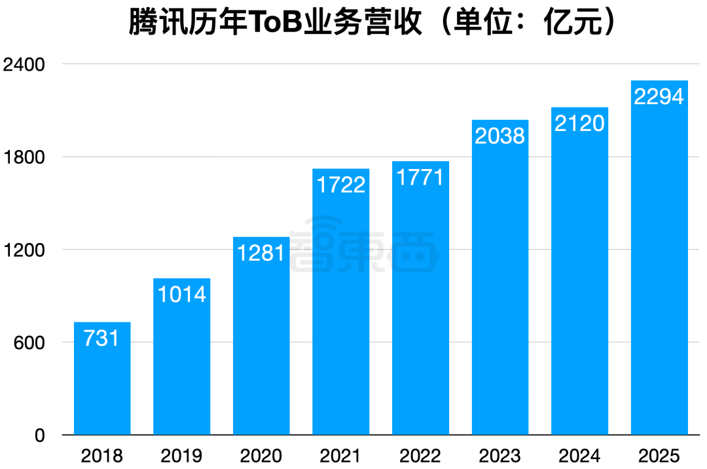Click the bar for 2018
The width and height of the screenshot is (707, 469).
[102, 380]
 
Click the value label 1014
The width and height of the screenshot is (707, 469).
[182, 293]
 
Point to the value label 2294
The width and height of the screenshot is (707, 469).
[659, 96]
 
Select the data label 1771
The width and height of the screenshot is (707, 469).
[420, 177]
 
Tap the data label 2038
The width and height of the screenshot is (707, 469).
[500, 136]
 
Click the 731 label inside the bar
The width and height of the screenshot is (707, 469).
[102, 338]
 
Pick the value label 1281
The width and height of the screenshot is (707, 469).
[261, 252]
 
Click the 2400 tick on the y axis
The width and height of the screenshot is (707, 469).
[24, 64]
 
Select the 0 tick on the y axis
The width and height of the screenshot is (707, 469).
[39, 436]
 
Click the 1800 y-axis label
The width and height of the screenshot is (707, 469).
[24, 157]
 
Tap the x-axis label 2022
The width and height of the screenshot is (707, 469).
[420, 455]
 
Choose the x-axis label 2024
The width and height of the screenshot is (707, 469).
[579, 455]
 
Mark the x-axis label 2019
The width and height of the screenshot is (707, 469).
[182, 455]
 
